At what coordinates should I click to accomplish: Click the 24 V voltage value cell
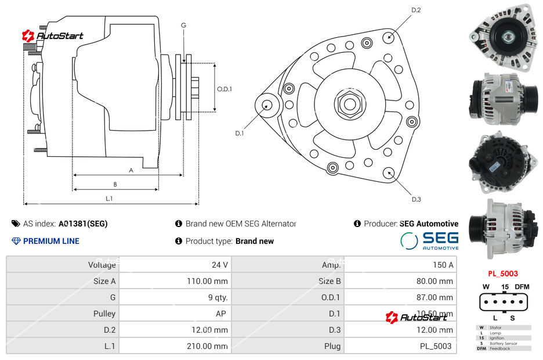point(219,265)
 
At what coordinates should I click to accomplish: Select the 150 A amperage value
point(443,265)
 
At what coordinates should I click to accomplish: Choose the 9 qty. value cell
point(218,297)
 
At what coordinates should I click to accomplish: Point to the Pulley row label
point(104,314)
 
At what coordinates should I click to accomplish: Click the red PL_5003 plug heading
point(502,273)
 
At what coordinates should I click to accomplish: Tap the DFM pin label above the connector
point(522,287)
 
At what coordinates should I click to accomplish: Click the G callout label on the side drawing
point(183,25)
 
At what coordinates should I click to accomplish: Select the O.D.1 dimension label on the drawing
point(225,89)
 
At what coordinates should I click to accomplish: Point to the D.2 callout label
point(416,10)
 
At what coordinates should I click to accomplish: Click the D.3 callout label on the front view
point(416,200)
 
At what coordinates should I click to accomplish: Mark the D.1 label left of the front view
point(240,134)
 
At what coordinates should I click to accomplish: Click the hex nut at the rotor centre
point(350,104)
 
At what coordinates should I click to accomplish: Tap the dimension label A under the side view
point(131,170)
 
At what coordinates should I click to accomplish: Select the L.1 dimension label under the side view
point(108,199)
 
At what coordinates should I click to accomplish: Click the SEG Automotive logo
point(430,240)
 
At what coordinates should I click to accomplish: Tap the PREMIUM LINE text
point(51,241)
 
